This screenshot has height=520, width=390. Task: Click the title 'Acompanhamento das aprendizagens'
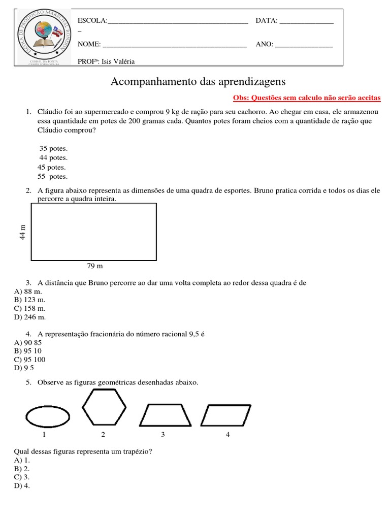point(198,82)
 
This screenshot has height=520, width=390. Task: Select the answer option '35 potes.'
point(53,148)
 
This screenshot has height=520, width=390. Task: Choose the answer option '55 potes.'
point(52,176)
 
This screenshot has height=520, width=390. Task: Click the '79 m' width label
point(94,266)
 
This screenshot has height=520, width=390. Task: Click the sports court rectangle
point(94,232)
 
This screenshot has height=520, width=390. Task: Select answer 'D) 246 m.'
point(30,317)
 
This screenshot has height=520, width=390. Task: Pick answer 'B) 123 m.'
point(30,300)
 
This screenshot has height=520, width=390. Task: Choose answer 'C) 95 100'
point(30,359)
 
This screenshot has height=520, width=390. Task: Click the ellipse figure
point(48,417)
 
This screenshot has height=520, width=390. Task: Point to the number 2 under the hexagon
point(103,434)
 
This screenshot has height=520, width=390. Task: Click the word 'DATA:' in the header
point(266,20)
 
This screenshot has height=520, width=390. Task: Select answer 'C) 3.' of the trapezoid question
point(22,477)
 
